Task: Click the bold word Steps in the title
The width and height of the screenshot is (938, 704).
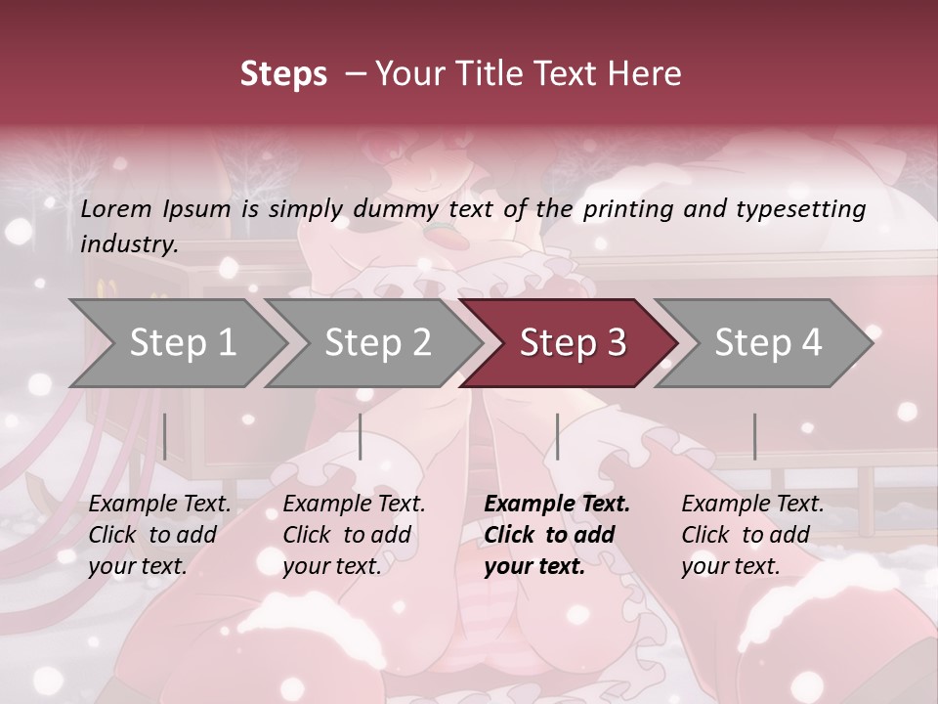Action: pos(283,73)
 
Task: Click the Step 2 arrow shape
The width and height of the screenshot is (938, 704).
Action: pos(377,343)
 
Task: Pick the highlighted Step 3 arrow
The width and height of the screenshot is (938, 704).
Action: pos(572,343)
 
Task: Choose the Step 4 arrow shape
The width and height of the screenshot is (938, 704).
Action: pos(767,343)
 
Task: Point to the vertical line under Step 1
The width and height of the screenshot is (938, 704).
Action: pos(164,436)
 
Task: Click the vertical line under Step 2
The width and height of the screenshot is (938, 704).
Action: pos(361,436)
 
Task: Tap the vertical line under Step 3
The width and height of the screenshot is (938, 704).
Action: pos(557,436)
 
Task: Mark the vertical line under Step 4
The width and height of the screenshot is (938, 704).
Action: pos(754,436)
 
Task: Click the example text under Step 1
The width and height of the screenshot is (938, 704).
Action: pos(159,535)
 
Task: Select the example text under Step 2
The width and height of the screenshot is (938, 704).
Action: pos(354,535)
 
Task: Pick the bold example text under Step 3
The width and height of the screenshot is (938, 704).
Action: pos(557,535)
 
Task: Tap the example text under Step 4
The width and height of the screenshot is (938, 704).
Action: pos(752,535)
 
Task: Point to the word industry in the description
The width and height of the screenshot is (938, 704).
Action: pos(129,244)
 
